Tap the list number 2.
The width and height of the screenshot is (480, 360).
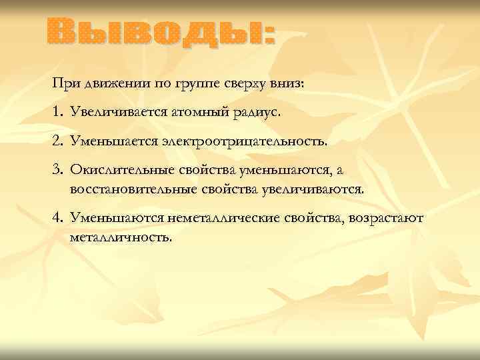57,142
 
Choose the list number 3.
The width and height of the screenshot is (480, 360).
57,171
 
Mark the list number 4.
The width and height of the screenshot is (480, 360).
57,218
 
